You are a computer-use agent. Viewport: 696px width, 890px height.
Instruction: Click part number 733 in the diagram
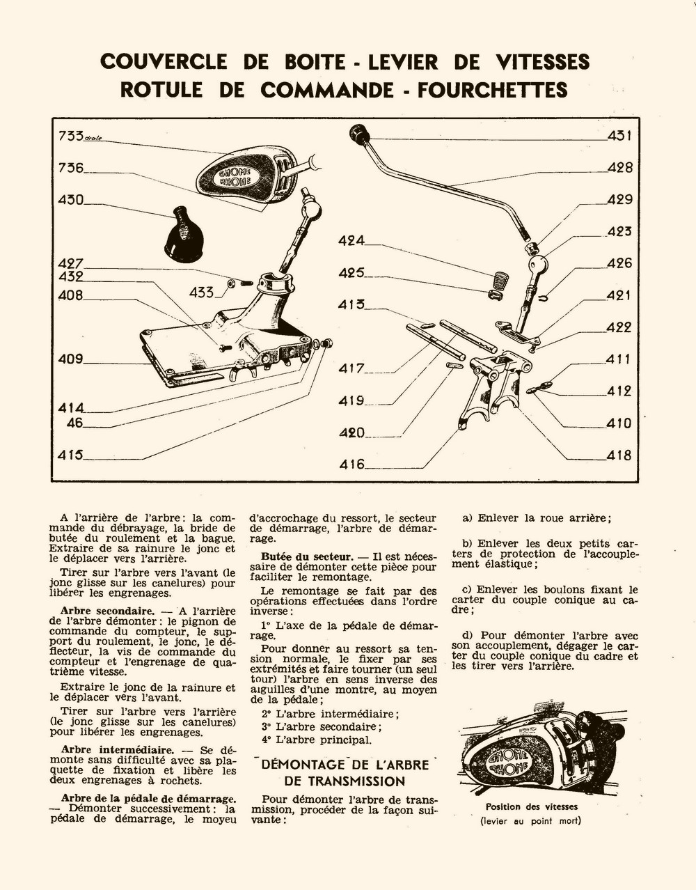71,136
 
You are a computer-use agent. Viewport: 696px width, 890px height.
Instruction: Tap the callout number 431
619,136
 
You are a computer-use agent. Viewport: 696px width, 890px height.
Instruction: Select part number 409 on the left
70,359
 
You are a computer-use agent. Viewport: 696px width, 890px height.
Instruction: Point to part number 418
619,455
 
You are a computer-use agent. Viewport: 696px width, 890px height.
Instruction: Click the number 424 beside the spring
351,241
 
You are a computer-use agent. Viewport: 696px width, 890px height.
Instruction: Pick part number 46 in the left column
74,423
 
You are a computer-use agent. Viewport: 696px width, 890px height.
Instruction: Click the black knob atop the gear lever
358,133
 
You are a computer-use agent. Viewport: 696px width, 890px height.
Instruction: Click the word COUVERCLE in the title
163,62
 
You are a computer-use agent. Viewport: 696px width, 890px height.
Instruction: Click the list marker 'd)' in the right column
467,635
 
